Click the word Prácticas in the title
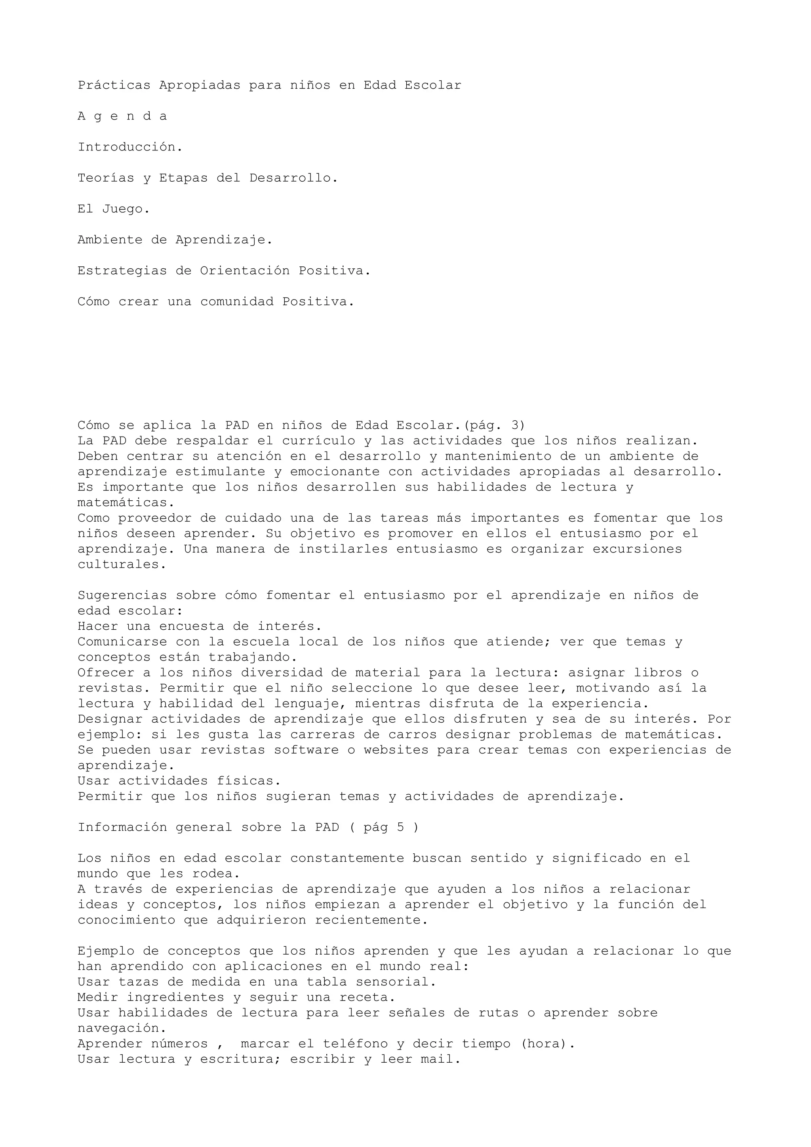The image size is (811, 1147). (114, 85)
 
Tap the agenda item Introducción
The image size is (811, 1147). (130, 147)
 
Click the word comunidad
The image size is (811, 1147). (236, 302)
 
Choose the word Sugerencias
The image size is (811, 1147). (122, 596)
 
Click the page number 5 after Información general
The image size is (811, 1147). (400, 827)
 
